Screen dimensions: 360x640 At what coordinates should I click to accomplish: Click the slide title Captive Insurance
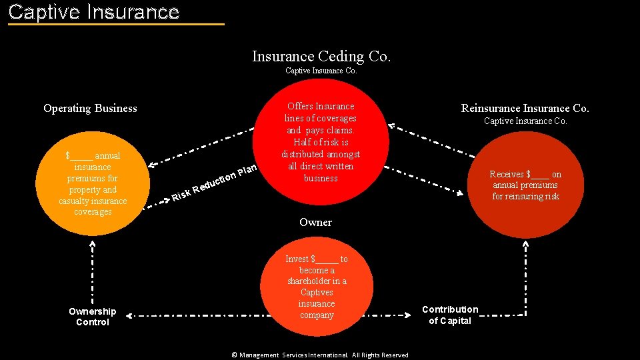pos(94,12)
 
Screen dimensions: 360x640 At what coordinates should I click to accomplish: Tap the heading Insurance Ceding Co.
pos(321,56)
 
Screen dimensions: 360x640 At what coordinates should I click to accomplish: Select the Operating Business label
pos(90,108)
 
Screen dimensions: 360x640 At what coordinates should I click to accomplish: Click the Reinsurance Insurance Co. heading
pos(525,108)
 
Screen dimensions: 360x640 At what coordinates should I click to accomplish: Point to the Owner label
pos(315,222)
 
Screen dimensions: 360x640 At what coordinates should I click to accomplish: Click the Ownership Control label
pos(92,317)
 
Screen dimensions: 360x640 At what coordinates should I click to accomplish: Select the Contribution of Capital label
pos(450,315)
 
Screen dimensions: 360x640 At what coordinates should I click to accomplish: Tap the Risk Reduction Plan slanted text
pos(214,181)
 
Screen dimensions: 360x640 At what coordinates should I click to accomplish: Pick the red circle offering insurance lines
pos(321,150)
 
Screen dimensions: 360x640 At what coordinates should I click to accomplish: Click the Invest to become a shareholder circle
pos(317,287)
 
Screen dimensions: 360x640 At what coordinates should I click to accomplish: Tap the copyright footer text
pos(320,355)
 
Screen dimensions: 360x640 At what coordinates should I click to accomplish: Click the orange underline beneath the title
pos(117,25)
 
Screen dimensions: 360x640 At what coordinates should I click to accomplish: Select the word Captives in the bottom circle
pos(317,293)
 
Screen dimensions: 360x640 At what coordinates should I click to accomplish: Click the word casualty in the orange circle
pos(73,201)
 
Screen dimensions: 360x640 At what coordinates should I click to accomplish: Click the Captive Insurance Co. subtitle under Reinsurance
pos(525,121)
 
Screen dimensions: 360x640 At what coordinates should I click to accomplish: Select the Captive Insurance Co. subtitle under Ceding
pos(321,71)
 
